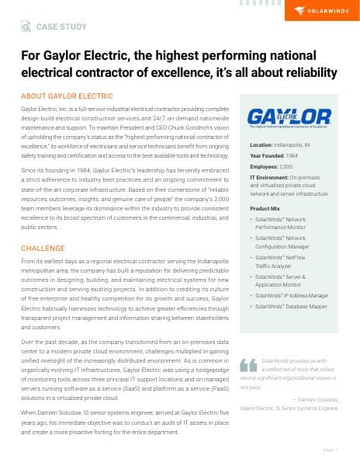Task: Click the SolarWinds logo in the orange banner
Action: (320, 10)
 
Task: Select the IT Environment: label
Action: (272, 178)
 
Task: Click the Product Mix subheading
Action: (265, 209)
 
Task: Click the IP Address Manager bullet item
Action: (296, 295)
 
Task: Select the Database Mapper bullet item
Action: (293, 307)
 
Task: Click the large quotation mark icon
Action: (248, 364)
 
